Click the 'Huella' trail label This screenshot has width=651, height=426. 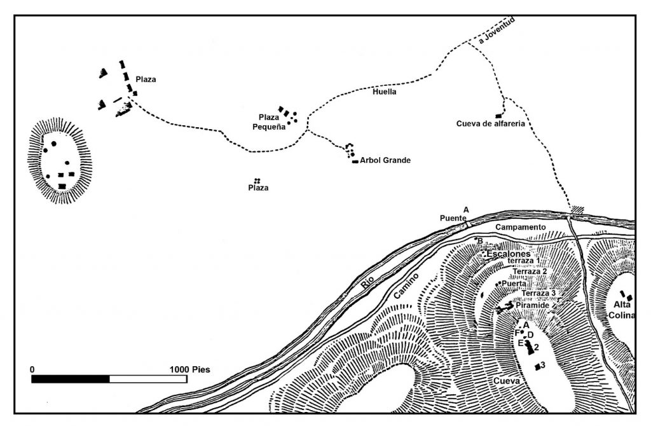pos(384,92)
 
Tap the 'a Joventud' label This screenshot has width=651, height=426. pos(497,31)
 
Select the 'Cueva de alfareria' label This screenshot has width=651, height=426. pos(490,124)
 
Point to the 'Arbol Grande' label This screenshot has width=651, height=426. pos(385,160)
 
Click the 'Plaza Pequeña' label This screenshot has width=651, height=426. pos(269,122)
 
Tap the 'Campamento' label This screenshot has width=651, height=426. pos(520,227)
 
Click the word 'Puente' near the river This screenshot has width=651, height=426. pos(453,218)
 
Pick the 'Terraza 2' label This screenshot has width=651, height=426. pos(530,271)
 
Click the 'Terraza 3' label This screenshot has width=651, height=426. pos(538,293)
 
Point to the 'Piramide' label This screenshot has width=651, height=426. pos(533,306)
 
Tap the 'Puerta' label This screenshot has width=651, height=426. pos(514,284)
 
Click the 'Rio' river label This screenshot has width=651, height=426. pos(367,282)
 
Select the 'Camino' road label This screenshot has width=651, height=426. pos(406,286)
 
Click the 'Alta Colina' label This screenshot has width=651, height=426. pos(622,310)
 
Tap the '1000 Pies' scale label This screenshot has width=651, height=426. pos(189,369)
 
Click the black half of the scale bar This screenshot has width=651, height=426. pos(71,379)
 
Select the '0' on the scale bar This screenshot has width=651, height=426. pos(32,369)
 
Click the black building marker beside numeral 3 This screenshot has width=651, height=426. pos(537,366)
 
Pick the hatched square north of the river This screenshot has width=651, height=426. pos(577,210)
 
